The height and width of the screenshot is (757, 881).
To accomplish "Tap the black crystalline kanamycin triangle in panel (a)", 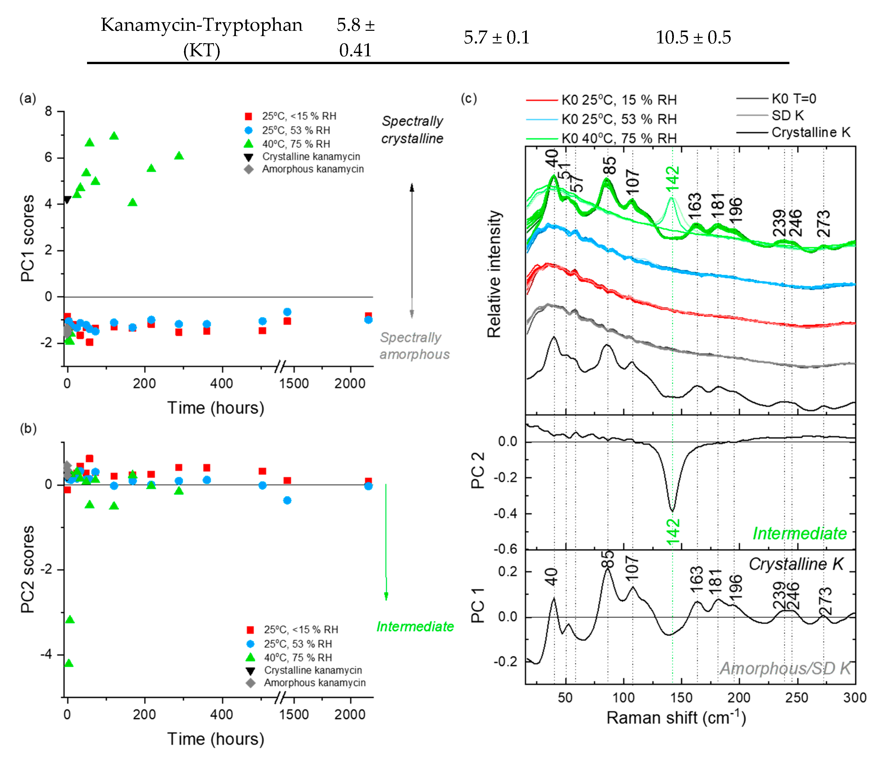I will pyautogui.click(x=67, y=200).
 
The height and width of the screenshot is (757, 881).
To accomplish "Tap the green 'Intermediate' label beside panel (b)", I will pyautogui.click(x=415, y=626).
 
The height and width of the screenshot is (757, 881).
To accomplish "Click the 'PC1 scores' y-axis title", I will pyautogui.click(x=28, y=238).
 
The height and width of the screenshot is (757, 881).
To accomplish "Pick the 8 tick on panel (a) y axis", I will pyautogui.click(x=48, y=112).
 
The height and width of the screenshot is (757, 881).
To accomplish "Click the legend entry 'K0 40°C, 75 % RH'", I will pyautogui.click(x=619, y=138).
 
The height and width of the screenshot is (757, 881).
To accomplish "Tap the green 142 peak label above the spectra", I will pyautogui.click(x=672, y=178).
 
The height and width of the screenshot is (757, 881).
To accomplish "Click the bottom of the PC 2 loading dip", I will pyautogui.click(x=672, y=510).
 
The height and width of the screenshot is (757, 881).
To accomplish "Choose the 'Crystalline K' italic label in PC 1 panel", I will pyautogui.click(x=795, y=564).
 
